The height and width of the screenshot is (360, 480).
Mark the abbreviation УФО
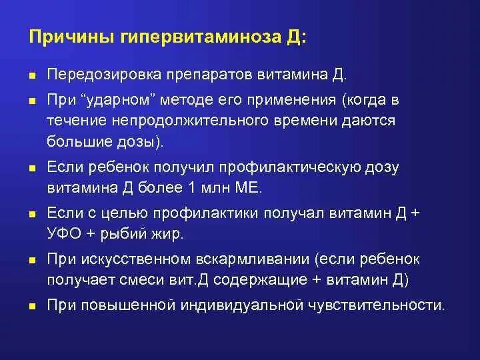pyautogui.click(x=63, y=235)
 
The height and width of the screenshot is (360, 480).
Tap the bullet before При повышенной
pyautogui.click(x=32, y=307)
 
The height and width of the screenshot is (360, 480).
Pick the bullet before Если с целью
pyautogui.click(x=32, y=215)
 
